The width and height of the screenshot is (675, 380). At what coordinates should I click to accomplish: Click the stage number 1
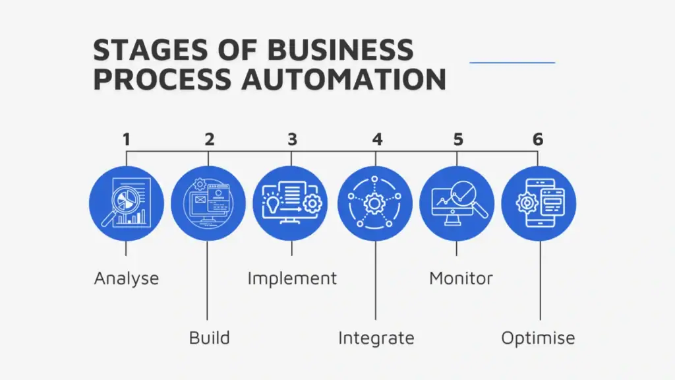pos(127,139)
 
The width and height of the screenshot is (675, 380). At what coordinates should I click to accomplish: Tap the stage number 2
pos(209,139)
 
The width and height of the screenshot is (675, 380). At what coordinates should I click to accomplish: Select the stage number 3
pos(292,139)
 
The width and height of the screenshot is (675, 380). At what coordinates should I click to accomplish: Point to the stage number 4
pos(376,139)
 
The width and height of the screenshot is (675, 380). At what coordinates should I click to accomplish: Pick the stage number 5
pos(458,139)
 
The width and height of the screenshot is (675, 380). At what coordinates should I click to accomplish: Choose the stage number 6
pos(539,139)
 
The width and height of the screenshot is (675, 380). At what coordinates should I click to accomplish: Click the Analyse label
pos(127,278)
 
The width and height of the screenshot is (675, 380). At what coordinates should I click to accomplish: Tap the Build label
pos(209,338)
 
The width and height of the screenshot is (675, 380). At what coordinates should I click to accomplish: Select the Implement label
pos(292,278)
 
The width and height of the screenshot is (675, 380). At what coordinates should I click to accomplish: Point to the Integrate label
pos(376,338)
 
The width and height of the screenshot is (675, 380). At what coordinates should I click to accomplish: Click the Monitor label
pos(461,278)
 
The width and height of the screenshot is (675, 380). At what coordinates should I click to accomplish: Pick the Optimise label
pos(538,338)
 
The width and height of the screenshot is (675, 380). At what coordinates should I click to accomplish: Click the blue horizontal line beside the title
pos(512,63)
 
